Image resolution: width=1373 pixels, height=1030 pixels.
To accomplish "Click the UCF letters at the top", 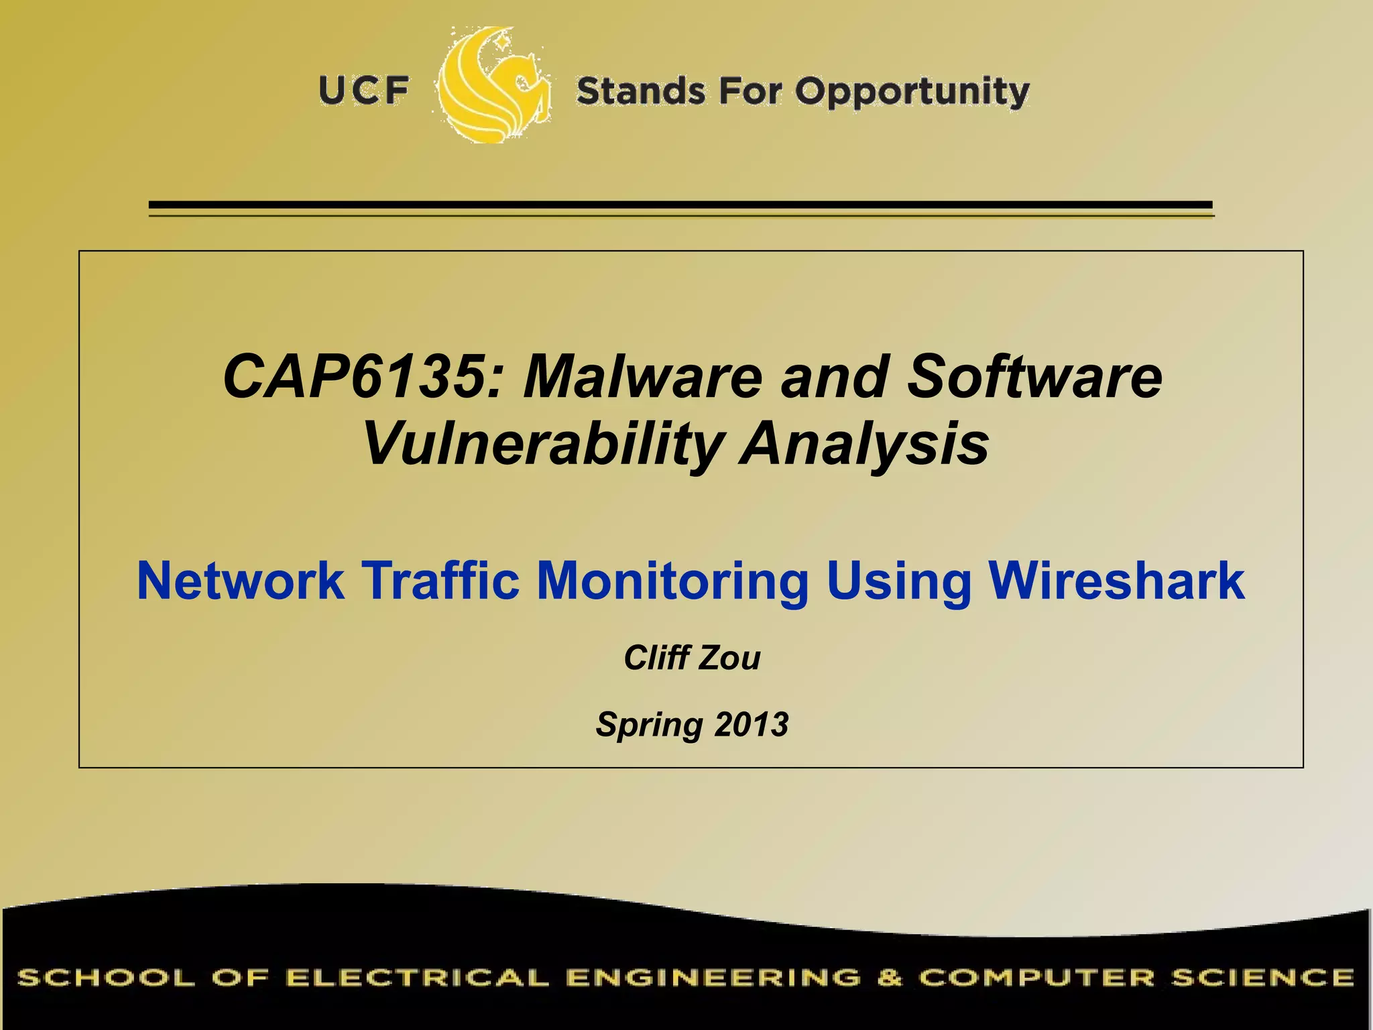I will [x=364, y=91].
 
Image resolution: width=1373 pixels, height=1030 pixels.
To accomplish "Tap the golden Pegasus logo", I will [x=495, y=86].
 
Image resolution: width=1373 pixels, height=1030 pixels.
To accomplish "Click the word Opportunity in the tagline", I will [x=912, y=93].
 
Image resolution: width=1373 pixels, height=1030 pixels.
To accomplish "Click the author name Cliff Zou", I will [x=692, y=658].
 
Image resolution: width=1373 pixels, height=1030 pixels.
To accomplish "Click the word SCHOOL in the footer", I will [x=107, y=978].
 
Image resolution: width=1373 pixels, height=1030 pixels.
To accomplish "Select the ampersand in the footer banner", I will [x=889, y=978].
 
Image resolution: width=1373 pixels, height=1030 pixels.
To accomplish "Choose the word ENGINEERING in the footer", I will [x=713, y=978].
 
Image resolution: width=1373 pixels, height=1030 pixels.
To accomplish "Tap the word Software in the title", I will [x=1034, y=377].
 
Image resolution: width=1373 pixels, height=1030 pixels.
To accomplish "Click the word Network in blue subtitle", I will [x=241, y=581].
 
